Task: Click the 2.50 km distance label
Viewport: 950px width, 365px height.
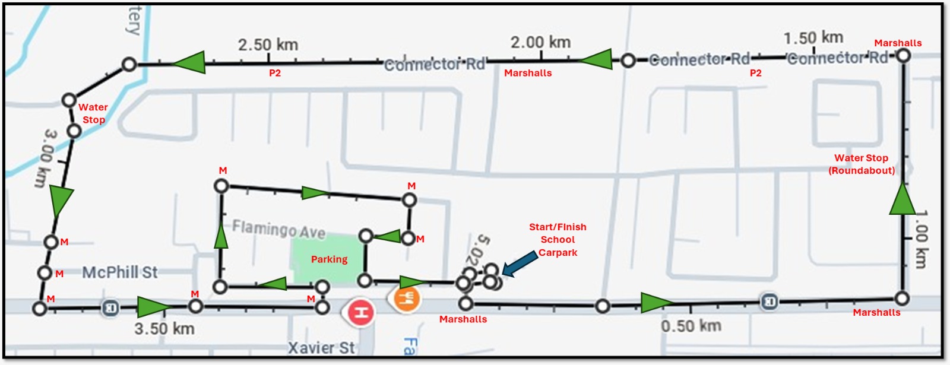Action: point(268,45)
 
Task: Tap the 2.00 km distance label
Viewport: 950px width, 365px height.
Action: point(540,42)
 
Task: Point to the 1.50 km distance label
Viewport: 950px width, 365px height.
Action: point(813,37)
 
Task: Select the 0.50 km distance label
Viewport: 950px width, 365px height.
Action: point(691,325)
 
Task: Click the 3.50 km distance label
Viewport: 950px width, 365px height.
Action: point(164,328)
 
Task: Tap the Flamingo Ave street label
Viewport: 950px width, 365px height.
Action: point(278,229)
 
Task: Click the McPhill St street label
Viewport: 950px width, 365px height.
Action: point(120,272)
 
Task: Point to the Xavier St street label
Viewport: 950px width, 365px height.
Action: point(321,347)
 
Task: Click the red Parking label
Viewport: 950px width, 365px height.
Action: point(329,259)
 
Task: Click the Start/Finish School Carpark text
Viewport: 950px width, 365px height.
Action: point(558,240)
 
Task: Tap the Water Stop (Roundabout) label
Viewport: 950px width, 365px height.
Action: point(862,164)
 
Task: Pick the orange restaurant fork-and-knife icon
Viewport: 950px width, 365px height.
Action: point(407,297)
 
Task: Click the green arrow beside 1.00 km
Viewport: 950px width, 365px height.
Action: point(902,199)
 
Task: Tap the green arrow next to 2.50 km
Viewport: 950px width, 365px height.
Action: point(189,62)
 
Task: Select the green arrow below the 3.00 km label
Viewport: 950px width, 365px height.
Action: point(61,201)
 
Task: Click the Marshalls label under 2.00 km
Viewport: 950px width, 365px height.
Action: point(528,73)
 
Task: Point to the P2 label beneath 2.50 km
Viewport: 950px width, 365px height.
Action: point(274,73)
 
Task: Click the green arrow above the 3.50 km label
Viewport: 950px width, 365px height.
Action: point(153,307)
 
